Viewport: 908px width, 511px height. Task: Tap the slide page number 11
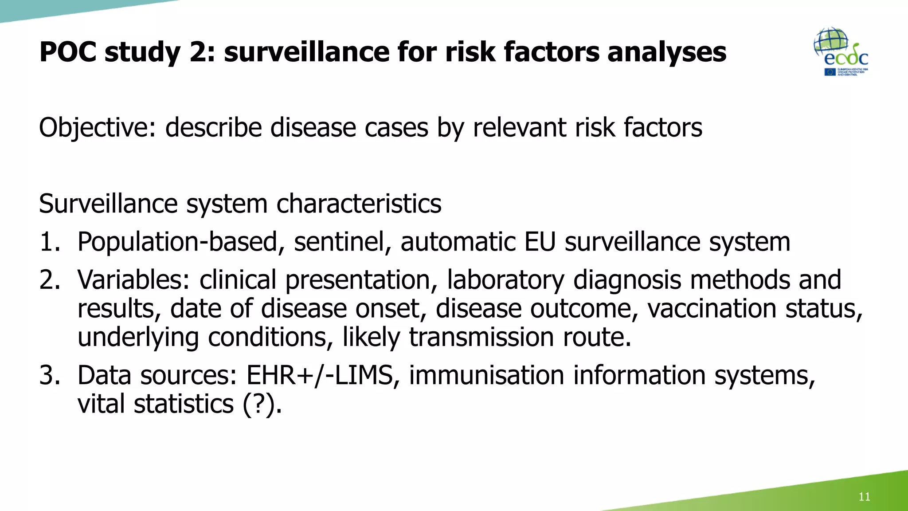864,496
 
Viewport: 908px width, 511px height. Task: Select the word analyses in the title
666,52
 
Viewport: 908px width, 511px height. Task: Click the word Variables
133,280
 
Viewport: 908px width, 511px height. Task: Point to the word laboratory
505,280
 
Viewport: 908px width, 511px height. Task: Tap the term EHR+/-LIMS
320,375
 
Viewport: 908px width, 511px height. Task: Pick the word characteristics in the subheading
359,204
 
